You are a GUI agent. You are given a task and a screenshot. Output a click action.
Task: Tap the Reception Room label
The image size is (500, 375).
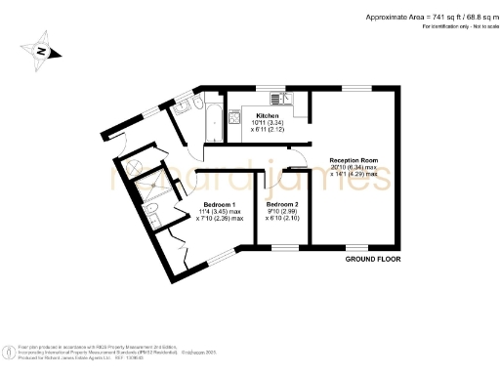click(353, 159)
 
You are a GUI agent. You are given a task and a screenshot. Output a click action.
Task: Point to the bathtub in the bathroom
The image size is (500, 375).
click(210, 118)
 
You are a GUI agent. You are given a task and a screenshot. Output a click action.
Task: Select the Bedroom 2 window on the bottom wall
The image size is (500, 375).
click(285, 246)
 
